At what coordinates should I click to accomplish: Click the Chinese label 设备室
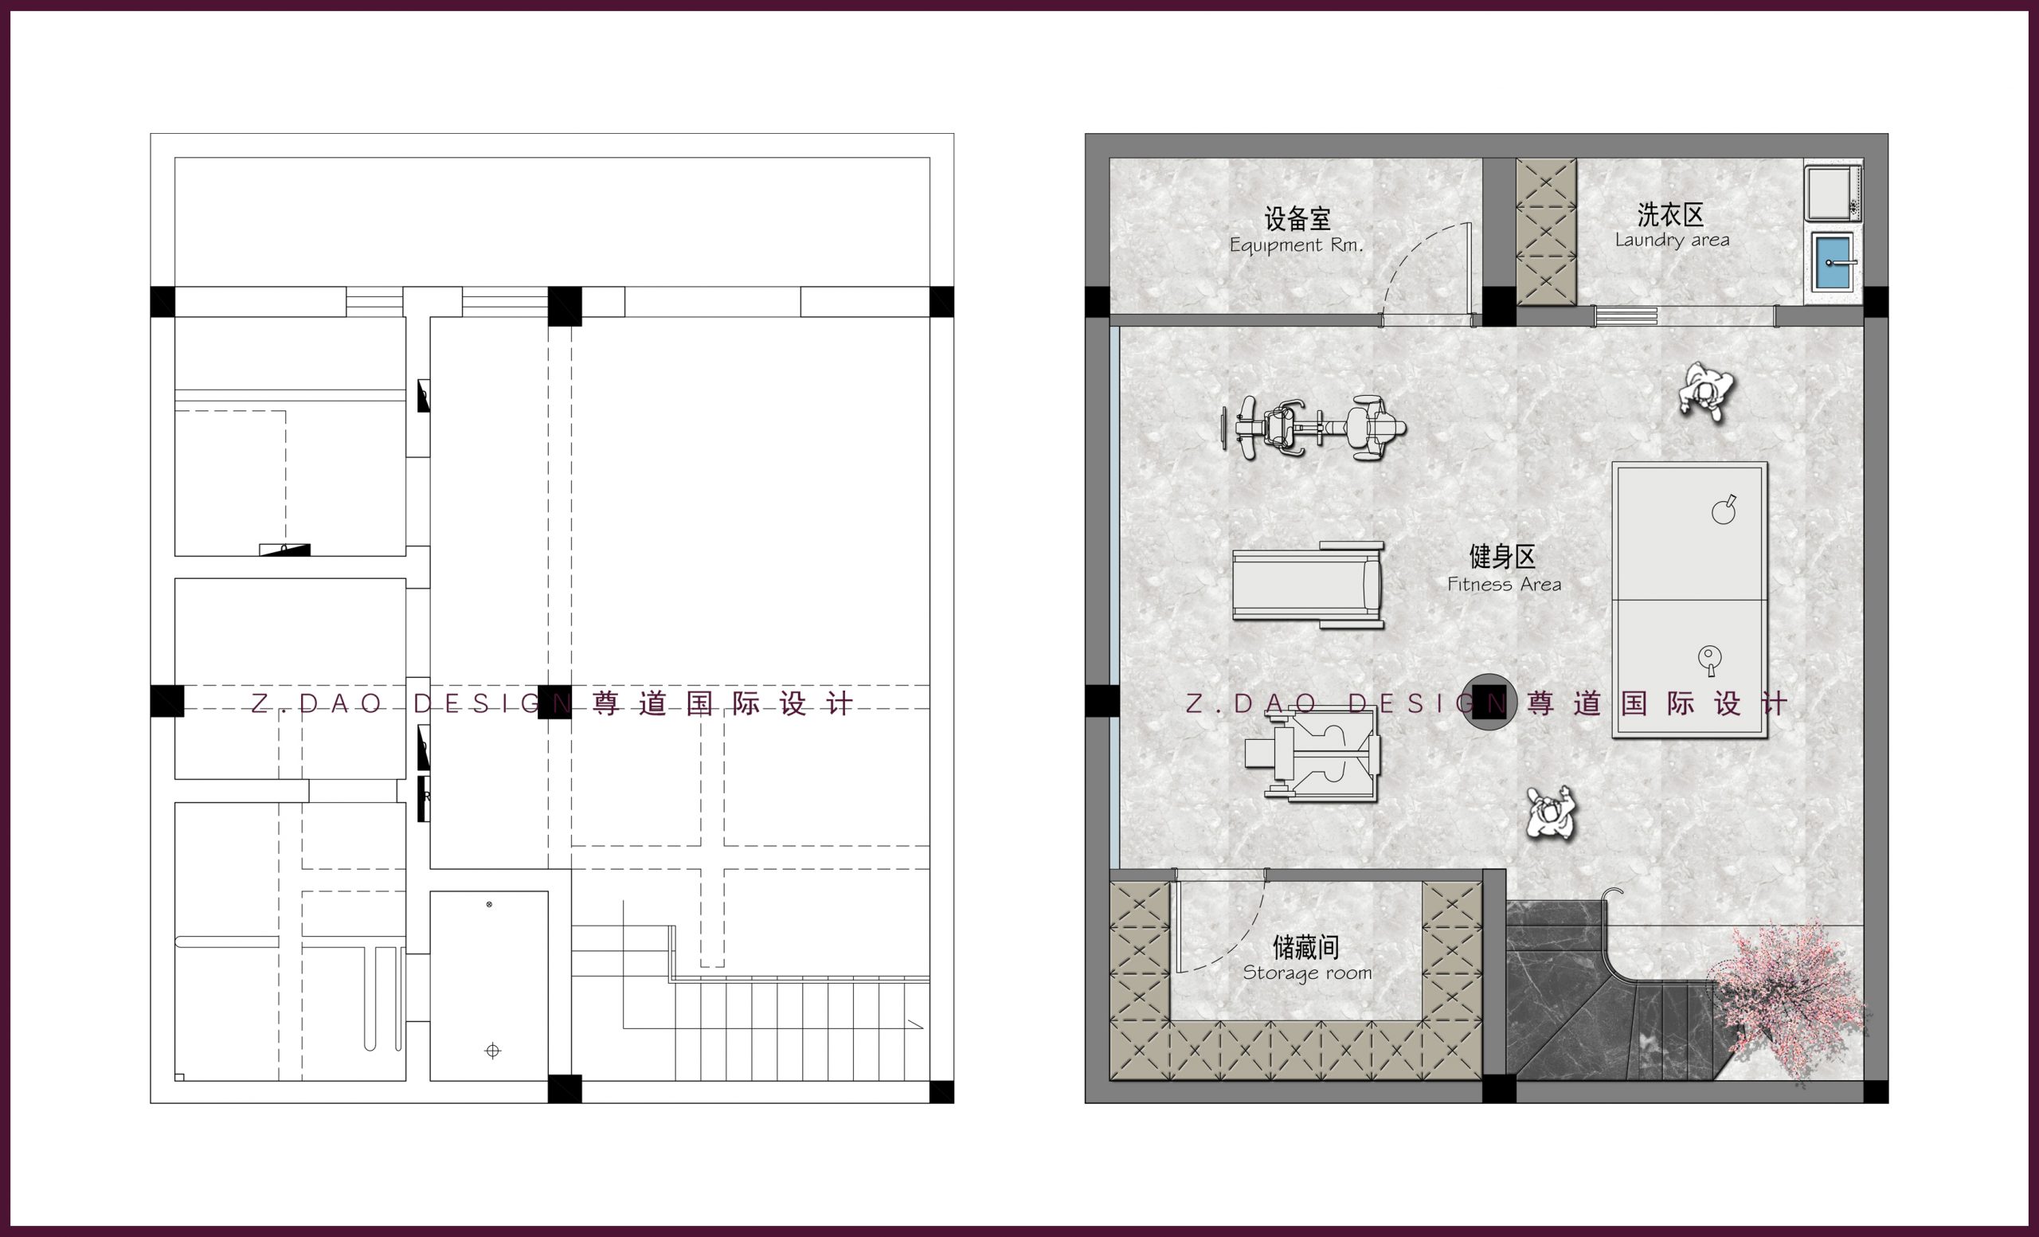(x=1297, y=218)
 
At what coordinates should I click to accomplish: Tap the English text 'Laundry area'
(x=1672, y=240)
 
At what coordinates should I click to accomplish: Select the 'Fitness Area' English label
(x=1504, y=584)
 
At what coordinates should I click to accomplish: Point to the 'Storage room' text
(x=1307, y=973)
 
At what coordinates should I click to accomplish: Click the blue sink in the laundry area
(x=1833, y=261)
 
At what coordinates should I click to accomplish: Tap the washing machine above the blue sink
(x=1833, y=192)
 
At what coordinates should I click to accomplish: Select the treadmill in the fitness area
(x=1309, y=584)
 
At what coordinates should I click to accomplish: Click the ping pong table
(x=1689, y=600)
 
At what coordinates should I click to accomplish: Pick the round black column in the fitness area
(x=1488, y=703)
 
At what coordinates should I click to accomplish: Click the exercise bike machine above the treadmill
(x=1313, y=428)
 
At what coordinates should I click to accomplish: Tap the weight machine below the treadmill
(x=1313, y=754)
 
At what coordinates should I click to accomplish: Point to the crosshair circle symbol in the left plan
(x=492, y=1051)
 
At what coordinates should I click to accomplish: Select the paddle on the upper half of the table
(x=1724, y=510)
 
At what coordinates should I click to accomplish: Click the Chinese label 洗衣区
(x=1670, y=215)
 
